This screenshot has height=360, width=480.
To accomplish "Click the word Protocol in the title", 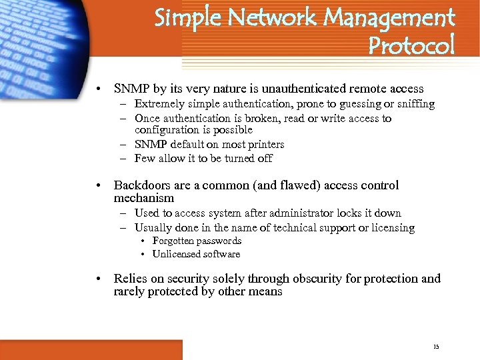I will point(411,45).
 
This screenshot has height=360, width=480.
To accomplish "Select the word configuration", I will point(166,130).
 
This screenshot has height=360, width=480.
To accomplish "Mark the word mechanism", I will point(143,198).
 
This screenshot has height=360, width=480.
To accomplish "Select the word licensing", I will point(392,228).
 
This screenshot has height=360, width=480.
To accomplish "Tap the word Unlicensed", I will point(177,254).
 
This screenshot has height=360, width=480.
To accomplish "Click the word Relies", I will point(130,279).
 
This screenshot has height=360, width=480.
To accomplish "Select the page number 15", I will point(436,347).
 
